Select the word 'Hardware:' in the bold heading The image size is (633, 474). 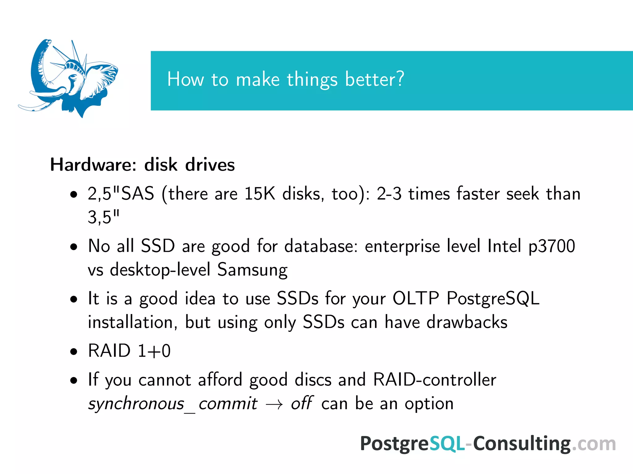pyautogui.click(x=93, y=164)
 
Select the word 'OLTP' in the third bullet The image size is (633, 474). pyautogui.click(x=415, y=298)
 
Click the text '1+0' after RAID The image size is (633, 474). pyautogui.click(x=154, y=351)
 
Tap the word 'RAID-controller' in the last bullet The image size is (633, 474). pyautogui.click(x=435, y=380)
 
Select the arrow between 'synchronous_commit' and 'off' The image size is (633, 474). pyautogui.click(x=274, y=404)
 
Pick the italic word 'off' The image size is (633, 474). pyautogui.click(x=301, y=403)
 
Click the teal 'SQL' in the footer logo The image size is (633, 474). pyautogui.click(x=447, y=444)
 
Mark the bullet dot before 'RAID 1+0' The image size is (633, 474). pyautogui.click(x=74, y=351)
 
